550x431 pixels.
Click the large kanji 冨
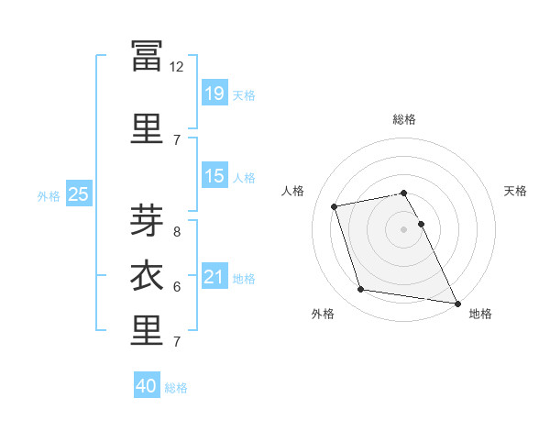[x=147, y=56]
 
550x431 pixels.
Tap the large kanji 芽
[x=147, y=220]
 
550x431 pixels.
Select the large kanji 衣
[x=147, y=275]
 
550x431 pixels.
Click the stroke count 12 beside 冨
[x=176, y=67]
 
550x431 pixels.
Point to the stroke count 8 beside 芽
[x=177, y=232]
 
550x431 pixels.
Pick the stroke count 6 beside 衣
[x=177, y=287]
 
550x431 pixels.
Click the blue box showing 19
[x=214, y=93]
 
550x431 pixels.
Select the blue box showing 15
[x=214, y=175]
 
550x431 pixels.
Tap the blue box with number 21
[x=214, y=275]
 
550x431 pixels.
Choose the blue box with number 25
[x=79, y=193]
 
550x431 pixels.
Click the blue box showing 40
[x=147, y=384]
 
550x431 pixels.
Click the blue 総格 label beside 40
[x=176, y=388]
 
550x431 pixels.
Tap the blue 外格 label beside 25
[x=49, y=196]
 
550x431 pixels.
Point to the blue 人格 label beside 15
[x=244, y=178]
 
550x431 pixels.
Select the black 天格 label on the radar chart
[x=515, y=191]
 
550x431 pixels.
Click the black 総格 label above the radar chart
[x=403, y=119]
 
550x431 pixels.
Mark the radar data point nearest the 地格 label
[x=457, y=304]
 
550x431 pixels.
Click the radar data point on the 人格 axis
[x=334, y=206]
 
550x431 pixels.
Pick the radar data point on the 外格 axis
[x=360, y=289]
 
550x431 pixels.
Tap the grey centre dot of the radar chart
[x=403, y=229]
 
